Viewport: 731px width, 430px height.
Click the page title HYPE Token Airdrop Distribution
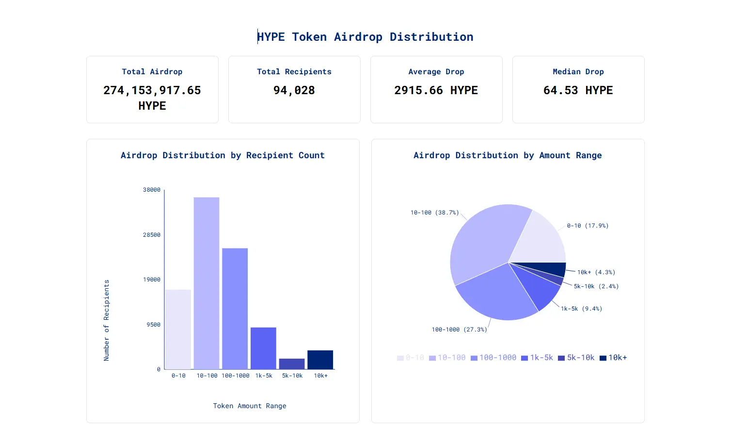click(365, 37)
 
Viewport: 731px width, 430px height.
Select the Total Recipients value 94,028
click(294, 90)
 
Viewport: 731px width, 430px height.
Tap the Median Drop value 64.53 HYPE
click(578, 90)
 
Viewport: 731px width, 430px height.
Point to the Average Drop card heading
click(436, 72)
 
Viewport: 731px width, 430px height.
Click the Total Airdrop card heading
click(152, 72)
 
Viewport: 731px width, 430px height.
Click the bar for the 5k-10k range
click(292, 364)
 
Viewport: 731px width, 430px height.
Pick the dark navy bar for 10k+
click(320, 360)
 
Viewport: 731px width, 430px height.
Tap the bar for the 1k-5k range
click(263, 348)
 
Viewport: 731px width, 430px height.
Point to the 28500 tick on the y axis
click(151, 235)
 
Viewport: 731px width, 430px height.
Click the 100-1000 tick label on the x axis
click(235, 376)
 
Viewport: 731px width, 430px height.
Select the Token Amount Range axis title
click(249, 406)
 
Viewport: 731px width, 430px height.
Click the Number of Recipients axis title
click(107, 320)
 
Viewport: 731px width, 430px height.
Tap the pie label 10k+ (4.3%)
click(596, 272)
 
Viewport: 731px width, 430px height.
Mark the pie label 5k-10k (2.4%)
click(596, 286)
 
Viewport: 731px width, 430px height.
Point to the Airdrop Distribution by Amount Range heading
click(508, 155)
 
